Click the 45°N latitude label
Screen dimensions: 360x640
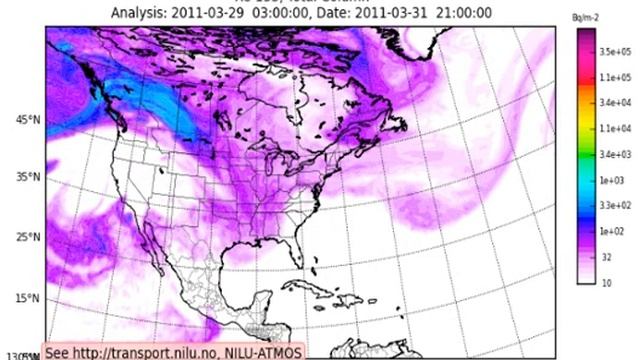(x=27, y=120)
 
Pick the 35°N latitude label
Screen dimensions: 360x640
(x=27, y=177)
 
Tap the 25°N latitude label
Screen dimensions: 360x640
(x=27, y=237)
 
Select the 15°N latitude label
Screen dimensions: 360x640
(x=27, y=299)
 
